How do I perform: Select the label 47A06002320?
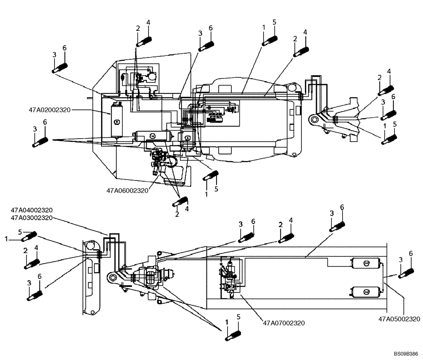click(127, 190)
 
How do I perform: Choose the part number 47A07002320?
click(284, 323)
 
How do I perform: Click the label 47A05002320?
click(399, 319)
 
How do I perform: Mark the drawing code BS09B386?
click(406, 352)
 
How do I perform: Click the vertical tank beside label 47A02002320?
click(117, 120)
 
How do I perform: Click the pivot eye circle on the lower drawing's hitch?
click(112, 278)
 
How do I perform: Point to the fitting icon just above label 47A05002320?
click(406, 273)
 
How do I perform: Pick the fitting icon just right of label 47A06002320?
click(210, 175)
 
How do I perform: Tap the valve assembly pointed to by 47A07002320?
click(231, 275)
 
